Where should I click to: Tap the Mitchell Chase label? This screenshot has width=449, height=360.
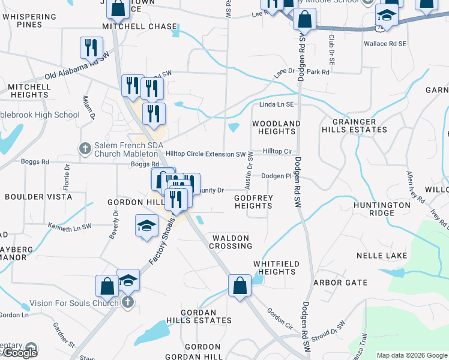[140, 26]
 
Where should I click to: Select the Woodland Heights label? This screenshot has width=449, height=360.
[276, 127]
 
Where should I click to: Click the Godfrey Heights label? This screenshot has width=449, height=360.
[253, 201]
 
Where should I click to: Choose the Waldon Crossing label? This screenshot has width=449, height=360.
[231, 242]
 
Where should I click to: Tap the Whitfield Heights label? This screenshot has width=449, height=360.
[274, 268]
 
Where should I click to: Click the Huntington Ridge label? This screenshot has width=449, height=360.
[382, 209]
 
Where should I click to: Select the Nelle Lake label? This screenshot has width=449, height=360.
[382, 255]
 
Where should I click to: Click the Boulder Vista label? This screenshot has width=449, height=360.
[38, 197]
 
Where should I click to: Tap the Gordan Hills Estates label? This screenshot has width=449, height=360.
[199, 316]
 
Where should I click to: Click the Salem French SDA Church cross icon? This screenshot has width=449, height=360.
[85, 148]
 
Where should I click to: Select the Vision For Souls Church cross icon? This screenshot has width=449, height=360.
[127, 303]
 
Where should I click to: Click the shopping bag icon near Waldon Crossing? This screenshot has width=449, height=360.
[240, 286]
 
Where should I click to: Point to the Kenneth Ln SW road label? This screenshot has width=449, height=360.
[70, 226]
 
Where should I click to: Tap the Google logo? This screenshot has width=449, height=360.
[20, 353]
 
